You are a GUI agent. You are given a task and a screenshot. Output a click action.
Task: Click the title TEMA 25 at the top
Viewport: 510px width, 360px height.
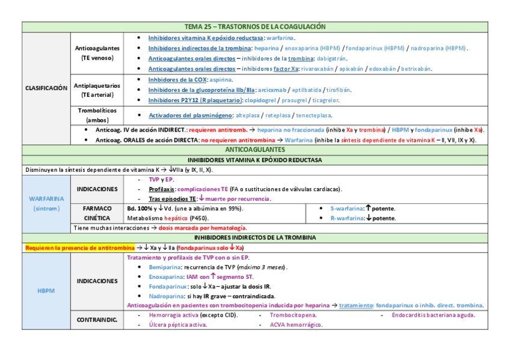pos(255,27)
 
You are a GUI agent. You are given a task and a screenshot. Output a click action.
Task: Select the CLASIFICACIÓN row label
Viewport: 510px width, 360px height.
pos(46,88)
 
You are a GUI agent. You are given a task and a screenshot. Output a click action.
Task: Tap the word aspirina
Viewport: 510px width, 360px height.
pos(221,79)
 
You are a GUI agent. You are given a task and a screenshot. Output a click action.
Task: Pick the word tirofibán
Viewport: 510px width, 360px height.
pos(339,90)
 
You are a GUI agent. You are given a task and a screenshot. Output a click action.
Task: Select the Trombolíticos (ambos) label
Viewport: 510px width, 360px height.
pos(97,115)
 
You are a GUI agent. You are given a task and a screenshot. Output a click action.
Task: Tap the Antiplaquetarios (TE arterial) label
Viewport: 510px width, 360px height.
pos(97,90)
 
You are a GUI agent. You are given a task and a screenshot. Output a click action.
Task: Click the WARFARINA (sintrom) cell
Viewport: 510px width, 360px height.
pos(46,203)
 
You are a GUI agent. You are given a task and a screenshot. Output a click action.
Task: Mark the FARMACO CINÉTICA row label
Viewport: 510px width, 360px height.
pos(97,213)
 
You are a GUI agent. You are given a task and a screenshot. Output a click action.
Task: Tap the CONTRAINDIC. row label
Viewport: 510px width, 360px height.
pos(97,320)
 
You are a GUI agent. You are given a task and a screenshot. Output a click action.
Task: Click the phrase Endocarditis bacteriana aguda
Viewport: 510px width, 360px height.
pos(433,315)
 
